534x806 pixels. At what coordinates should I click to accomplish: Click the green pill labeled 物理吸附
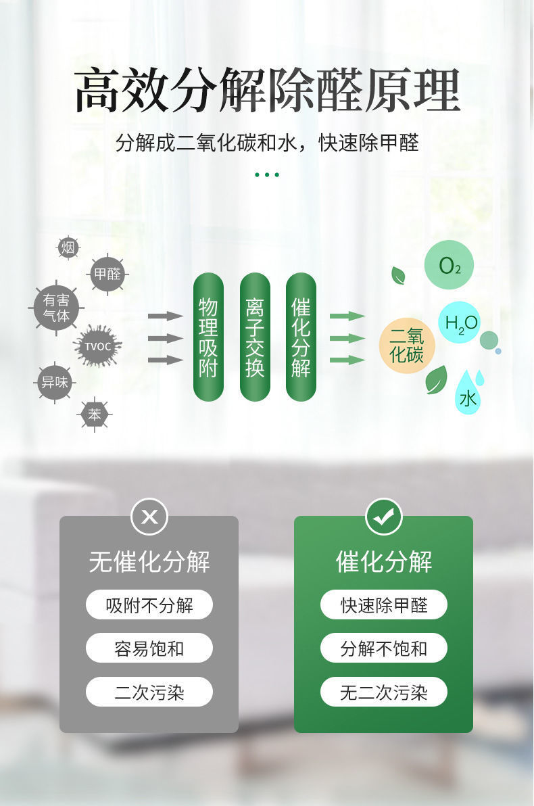click(208, 337)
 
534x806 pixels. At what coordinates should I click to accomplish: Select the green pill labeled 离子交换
click(255, 337)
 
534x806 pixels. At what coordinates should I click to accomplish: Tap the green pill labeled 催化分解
click(301, 337)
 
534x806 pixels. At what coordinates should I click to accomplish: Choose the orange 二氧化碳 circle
click(406, 346)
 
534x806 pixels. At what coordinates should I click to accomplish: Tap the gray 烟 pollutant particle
click(68, 248)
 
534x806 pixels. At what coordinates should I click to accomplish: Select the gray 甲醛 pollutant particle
click(107, 274)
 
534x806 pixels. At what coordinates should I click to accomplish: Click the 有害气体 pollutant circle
click(56, 308)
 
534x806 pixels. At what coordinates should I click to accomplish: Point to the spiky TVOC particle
click(98, 346)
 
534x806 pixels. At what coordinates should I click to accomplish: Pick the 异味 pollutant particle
click(54, 382)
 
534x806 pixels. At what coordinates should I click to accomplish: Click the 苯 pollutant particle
click(95, 414)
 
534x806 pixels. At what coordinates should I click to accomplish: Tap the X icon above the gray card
click(149, 517)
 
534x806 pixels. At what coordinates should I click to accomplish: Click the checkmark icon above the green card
click(384, 517)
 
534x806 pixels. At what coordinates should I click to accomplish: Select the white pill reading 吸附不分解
click(149, 604)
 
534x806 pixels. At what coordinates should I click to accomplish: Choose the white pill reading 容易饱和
click(149, 648)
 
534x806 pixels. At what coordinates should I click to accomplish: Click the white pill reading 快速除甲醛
click(384, 604)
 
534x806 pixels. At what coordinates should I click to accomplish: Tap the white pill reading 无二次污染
click(384, 692)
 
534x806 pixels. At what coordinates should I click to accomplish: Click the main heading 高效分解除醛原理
click(267, 91)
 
